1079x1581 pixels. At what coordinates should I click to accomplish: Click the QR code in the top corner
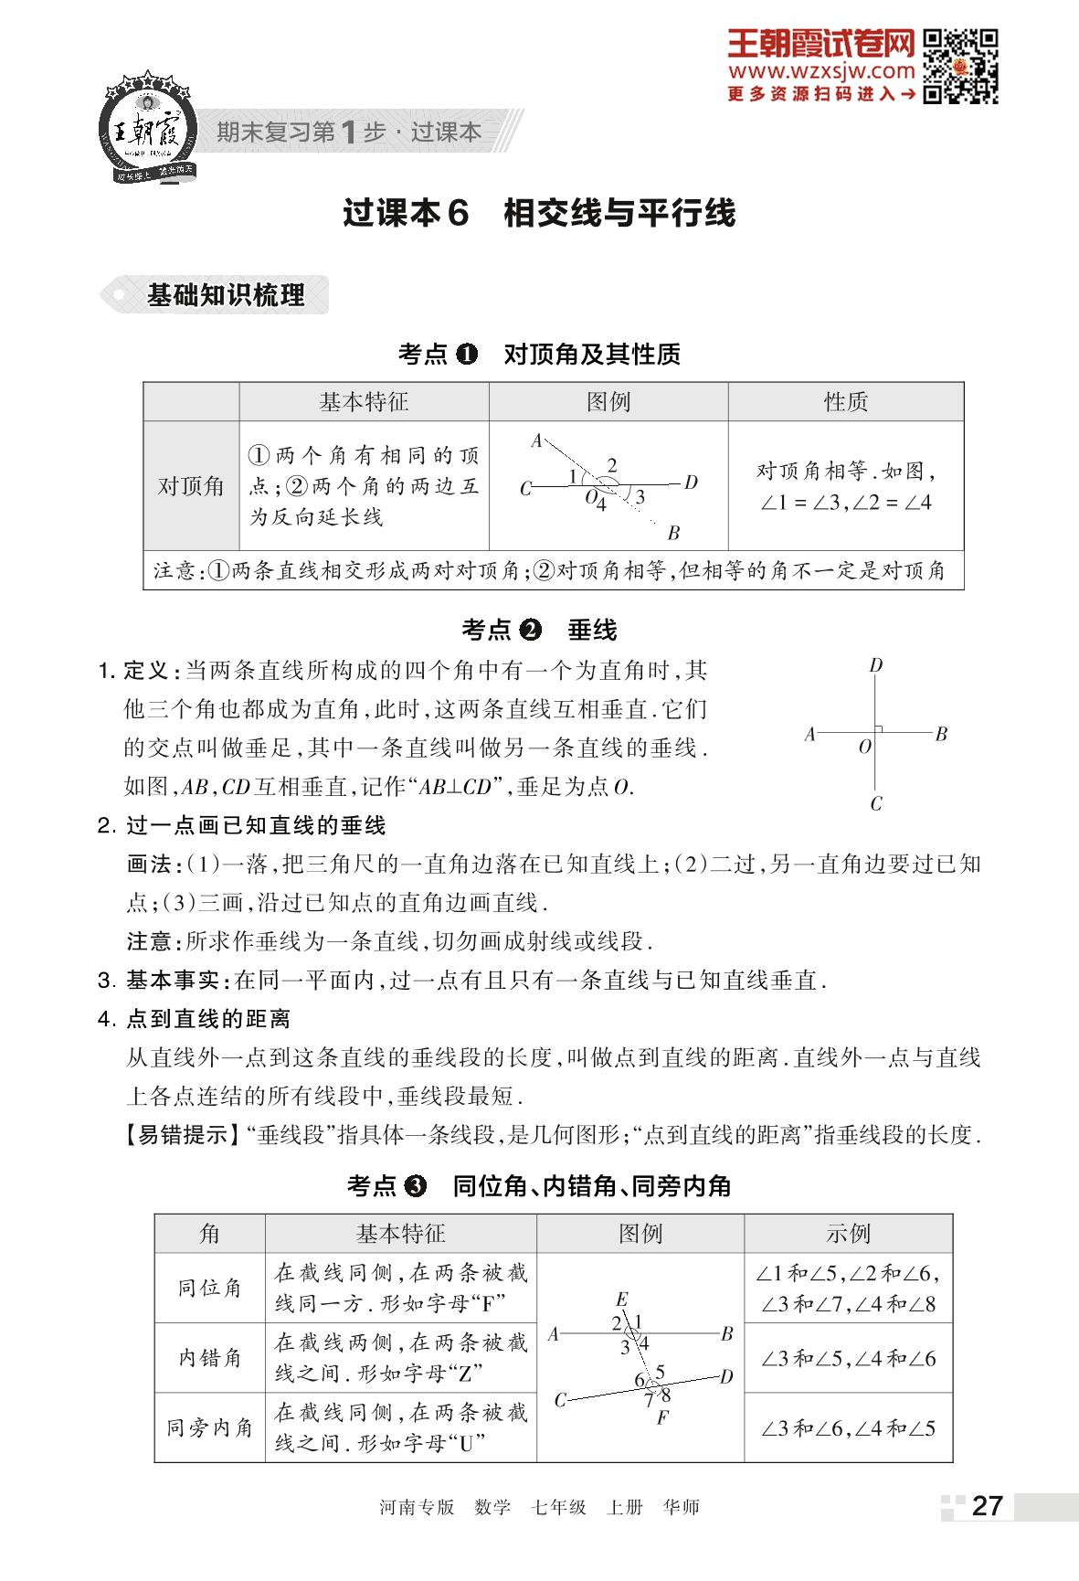coord(959,66)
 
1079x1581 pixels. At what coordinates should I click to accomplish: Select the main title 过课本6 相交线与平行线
coord(539,213)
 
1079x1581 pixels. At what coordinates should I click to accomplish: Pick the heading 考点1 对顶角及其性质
coord(539,354)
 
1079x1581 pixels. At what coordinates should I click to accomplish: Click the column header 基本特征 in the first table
coord(364,402)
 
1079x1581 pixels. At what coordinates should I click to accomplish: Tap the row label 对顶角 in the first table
coord(191,485)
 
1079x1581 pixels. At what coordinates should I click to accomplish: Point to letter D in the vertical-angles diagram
coord(692,482)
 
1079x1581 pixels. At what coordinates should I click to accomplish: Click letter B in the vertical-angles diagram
coord(673,533)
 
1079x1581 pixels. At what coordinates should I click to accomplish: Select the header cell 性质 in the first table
coord(845,402)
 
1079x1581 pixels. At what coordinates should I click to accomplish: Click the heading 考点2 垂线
coord(539,630)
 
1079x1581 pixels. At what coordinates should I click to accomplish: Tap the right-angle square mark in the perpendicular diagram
coord(878,728)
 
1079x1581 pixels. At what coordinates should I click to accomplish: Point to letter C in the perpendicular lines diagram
coord(876,804)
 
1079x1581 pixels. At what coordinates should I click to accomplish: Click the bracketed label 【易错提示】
coord(176,1135)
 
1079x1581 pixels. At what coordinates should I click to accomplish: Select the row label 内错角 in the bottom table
coord(209,1358)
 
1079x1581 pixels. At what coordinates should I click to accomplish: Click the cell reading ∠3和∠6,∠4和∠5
coord(848,1427)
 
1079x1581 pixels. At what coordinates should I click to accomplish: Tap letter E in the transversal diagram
coord(622,1299)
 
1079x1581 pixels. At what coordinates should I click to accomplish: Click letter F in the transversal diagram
coord(662,1418)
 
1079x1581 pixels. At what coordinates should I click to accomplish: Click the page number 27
coord(987,1506)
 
